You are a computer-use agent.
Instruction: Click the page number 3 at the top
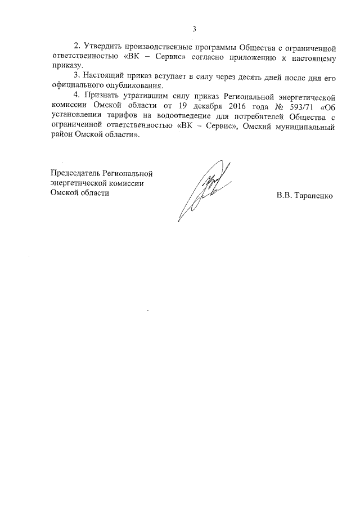click(194, 29)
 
